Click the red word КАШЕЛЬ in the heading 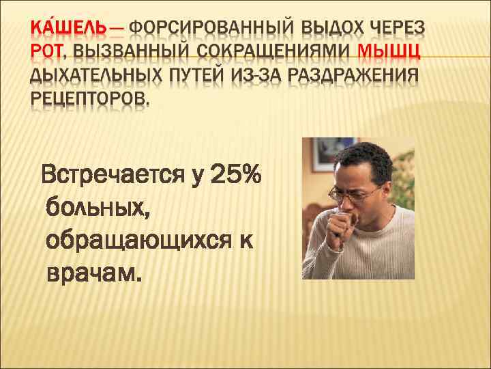click(68, 29)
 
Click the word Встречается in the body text click(113, 176)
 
